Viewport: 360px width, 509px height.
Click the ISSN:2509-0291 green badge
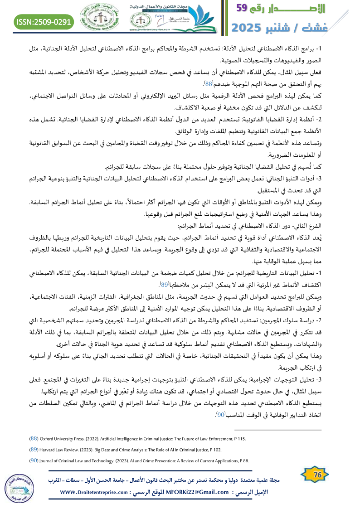click(x=44, y=21)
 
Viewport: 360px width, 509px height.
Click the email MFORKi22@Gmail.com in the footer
click(x=199, y=493)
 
